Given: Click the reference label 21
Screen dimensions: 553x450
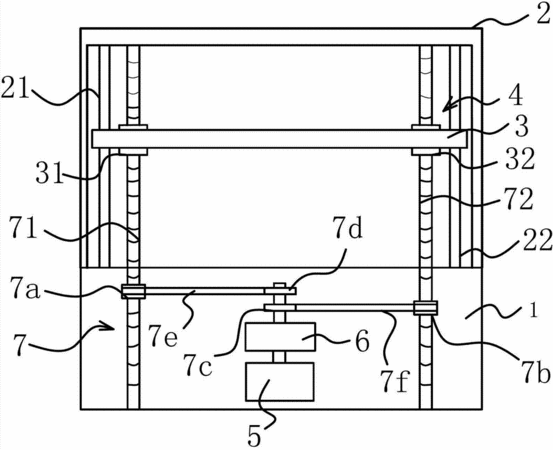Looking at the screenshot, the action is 15,87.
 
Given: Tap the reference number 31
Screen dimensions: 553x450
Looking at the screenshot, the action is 49,173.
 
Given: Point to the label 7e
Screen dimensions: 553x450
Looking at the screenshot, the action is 163,336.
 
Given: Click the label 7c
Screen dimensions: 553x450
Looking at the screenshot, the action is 198,365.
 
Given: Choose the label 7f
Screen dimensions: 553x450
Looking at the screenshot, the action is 395,381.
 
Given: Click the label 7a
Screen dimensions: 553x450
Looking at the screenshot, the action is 25,288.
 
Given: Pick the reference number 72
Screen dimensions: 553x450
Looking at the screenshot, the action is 518,200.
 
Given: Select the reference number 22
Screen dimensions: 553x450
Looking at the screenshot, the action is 537,241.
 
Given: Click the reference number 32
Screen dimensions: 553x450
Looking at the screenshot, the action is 520,159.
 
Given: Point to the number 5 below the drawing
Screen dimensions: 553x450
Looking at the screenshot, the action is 254,437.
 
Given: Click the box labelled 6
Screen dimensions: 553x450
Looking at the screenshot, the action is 280,337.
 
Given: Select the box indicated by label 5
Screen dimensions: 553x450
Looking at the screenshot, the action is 280,382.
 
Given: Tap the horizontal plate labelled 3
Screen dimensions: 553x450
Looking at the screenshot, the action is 279,139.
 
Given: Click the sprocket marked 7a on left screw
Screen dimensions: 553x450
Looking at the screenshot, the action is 133,291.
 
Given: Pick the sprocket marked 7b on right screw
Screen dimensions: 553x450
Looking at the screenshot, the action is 426,308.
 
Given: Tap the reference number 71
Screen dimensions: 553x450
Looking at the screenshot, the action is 23,227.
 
